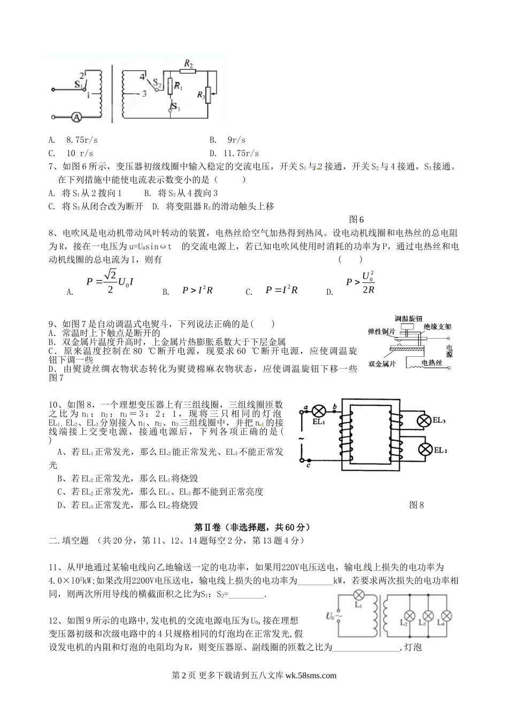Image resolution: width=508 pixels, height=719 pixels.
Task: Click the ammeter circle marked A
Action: pyautogui.click(x=76, y=116)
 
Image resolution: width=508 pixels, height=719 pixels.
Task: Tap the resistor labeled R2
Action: pyautogui.click(x=188, y=71)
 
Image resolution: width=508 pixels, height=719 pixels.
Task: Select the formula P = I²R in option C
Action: pyautogui.click(x=281, y=290)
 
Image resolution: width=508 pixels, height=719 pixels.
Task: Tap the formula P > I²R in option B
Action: pyautogui.click(x=197, y=290)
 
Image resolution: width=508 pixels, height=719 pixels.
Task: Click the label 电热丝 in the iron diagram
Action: pyautogui.click(x=432, y=363)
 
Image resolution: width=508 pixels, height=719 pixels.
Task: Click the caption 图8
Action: pyautogui.click(x=416, y=504)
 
